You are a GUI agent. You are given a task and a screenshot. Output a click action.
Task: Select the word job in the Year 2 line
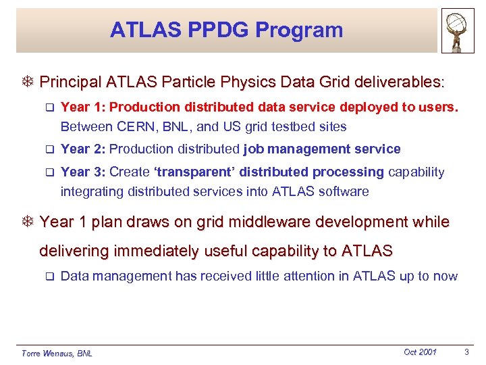pyautogui.click(x=254, y=149)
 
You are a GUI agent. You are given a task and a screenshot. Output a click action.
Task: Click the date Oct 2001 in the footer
pyautogui.click(x=420, y=352)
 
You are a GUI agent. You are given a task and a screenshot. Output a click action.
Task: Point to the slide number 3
pyautogui.click(x=466, y=352)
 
